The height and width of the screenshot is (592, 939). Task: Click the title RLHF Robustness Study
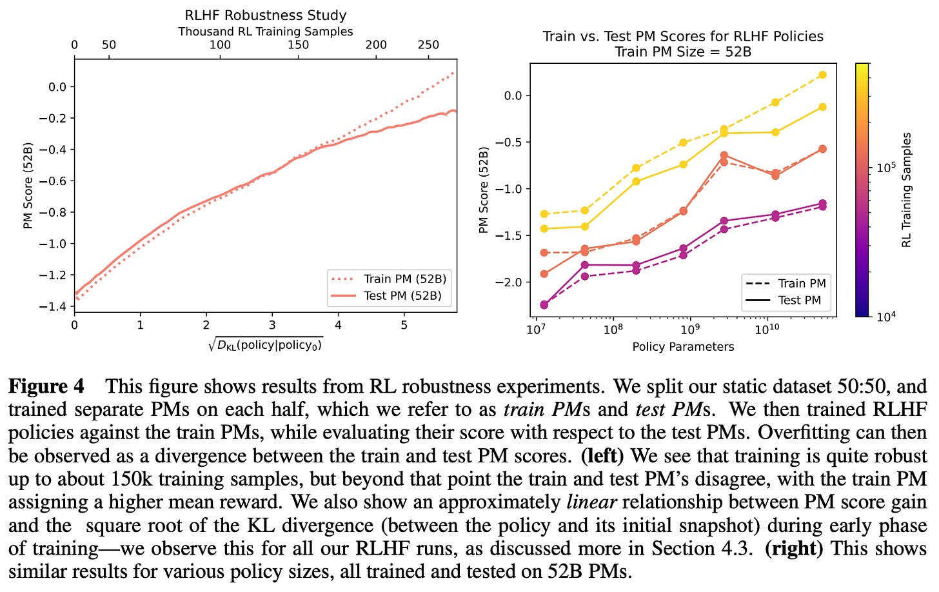(265, 15)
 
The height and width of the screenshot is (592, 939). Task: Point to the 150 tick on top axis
(298, 45)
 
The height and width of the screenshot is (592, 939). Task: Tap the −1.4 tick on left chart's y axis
(54, 306)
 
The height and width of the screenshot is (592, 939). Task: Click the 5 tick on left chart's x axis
(404, 325)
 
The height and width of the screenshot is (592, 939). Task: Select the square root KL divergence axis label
(265, 345)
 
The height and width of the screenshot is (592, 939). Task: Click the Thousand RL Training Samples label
(265, 32)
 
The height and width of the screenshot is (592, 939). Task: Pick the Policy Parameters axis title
(683, 346)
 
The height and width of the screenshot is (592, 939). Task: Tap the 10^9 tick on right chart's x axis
(689, 329)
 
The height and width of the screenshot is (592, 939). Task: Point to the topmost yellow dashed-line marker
(822, 75)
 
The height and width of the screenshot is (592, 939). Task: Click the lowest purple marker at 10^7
(544, 305)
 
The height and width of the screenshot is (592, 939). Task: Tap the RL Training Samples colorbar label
(907, 190)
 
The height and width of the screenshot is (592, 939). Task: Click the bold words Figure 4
(46, 386)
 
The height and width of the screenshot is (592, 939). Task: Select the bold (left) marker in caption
(602, 456)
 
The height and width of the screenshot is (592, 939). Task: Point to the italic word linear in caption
(592, 502)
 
